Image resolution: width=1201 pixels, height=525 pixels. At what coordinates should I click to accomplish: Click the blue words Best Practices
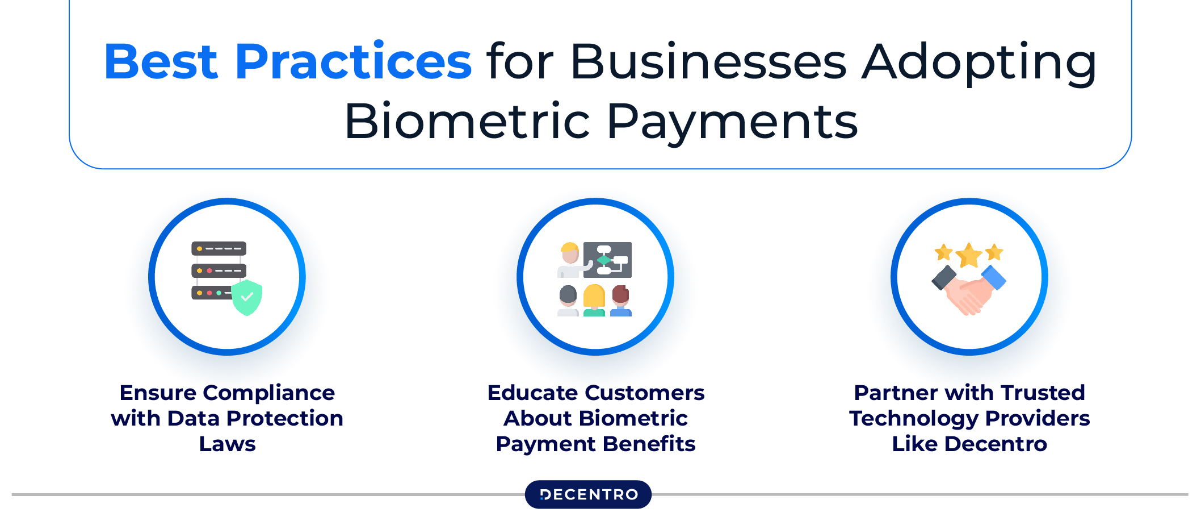[288, 61]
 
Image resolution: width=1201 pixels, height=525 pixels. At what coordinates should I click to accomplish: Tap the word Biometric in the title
[468, 122]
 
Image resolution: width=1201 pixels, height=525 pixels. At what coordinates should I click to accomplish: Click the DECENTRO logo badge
[588, 494]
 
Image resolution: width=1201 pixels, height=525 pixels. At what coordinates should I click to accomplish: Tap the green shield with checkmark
[247, 297]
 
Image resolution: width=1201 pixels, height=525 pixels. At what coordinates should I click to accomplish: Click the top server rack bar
[219, 249]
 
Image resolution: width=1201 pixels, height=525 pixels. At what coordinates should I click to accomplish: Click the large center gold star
[969, 255]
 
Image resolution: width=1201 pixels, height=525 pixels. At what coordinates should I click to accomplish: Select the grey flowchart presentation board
[607, 260]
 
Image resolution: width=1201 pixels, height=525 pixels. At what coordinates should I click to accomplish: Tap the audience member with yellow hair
[594, 300]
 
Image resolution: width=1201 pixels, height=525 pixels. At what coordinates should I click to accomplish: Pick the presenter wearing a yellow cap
[570, 260]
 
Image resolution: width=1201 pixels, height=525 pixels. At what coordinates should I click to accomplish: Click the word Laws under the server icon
[227, 444]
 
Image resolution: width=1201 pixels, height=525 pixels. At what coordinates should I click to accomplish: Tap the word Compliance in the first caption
[269, 393]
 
